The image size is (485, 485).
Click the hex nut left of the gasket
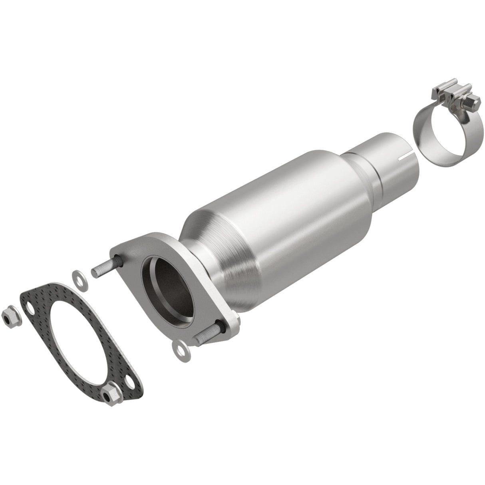(8, 318)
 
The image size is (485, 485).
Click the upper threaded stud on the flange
(102, 268)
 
